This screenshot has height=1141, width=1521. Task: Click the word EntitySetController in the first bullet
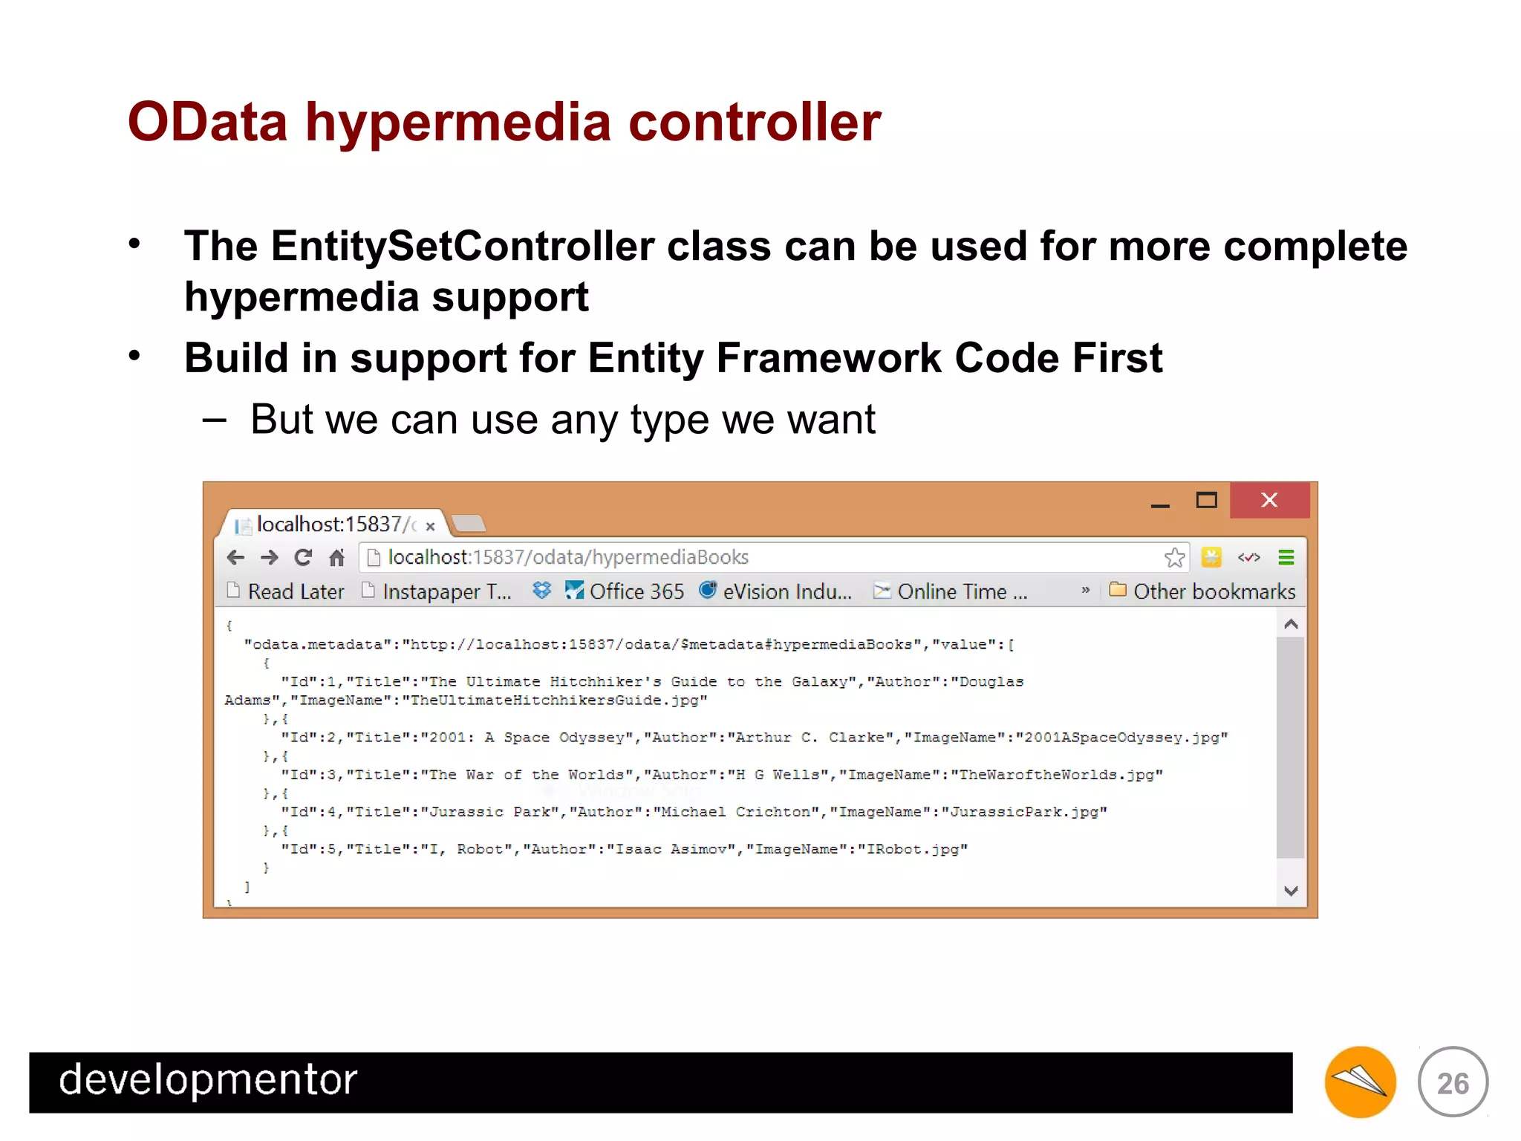463,247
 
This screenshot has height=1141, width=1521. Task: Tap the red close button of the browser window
1268,500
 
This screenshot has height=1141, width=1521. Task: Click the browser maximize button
1206,500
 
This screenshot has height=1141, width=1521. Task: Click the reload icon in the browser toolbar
303,557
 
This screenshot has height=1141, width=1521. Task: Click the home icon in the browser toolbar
336,557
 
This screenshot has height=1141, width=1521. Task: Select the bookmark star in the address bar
1174,557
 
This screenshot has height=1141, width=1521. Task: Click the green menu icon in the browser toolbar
1286,557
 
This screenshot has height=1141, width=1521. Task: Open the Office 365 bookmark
635,591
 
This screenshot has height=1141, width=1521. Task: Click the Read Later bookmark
295,591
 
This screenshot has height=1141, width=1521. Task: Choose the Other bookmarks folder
1213,591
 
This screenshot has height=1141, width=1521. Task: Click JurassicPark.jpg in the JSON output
1024,812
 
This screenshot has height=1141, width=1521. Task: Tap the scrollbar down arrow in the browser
1291,890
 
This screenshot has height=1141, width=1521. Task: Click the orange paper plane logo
1360,1082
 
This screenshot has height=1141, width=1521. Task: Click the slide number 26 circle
1453,1082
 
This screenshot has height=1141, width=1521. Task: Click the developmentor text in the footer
208,1080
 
